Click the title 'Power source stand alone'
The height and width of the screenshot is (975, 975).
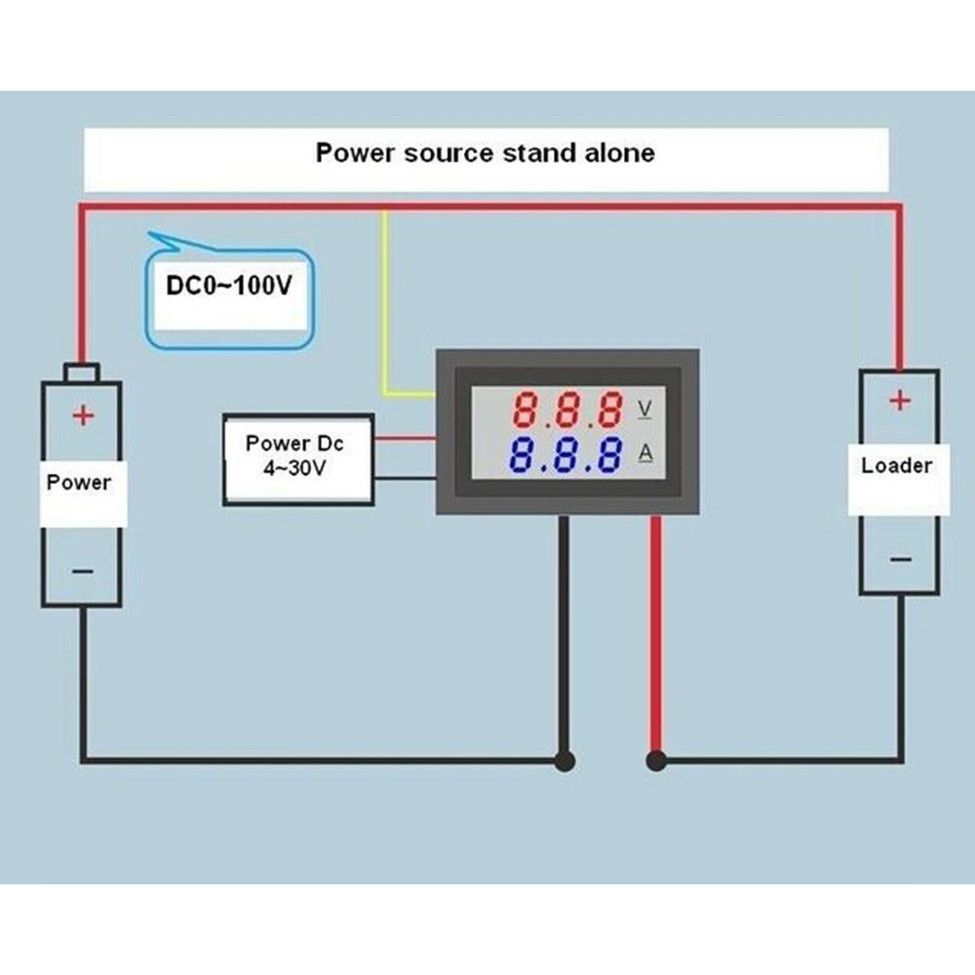485,153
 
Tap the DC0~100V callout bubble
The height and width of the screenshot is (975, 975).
230,288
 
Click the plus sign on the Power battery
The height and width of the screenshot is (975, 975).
83,415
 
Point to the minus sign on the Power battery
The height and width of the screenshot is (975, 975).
83,571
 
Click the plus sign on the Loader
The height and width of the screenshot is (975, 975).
899,400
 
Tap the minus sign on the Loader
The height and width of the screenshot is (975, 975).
900,559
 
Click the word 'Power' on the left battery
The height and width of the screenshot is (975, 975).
79,482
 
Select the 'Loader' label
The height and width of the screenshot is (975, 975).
896,465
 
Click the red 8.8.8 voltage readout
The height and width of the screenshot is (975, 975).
568,410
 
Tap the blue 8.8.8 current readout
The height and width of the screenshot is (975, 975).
566,454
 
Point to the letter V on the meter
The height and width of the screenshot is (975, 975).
644,408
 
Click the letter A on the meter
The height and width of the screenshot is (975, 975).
644,451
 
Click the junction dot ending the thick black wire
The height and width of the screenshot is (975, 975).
564,760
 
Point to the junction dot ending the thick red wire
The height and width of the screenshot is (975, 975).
656,760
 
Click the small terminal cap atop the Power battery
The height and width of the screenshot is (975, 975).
81,371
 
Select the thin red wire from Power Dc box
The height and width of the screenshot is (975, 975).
404,438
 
